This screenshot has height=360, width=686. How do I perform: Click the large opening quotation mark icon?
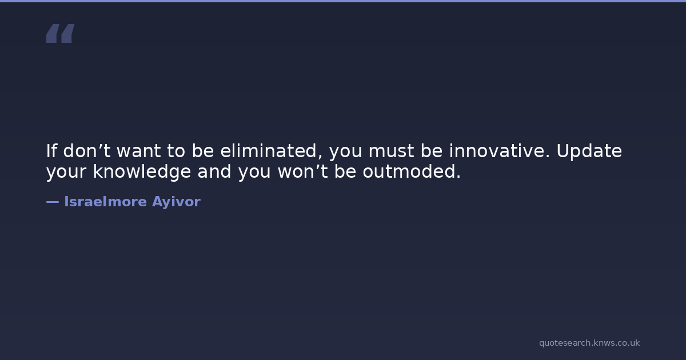(x=61, y=33)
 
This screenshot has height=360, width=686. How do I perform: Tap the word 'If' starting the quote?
(x=51, y=151)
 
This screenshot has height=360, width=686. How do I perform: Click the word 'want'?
(x=139, y=151)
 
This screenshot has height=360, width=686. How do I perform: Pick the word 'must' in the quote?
(x=391, y=151)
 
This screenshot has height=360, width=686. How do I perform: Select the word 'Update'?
(x=589, y=151)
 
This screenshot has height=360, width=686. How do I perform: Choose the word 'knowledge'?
(x=142, y=172)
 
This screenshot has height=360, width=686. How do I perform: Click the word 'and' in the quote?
(x=214, y=171)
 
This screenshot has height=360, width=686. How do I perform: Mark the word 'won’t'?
(x=303, y=171)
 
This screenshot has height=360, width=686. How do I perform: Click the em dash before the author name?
(x=53, y=202)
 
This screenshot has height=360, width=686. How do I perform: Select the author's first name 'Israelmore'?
(x=105, y=201)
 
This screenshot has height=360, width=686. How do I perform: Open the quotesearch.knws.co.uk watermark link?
(x=589, y=343)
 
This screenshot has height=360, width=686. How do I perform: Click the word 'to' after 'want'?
(x=176, y=151)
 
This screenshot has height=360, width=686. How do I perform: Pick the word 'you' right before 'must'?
(x=346, y=152)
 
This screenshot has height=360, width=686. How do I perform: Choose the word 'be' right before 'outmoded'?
(x=345, y=171)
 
